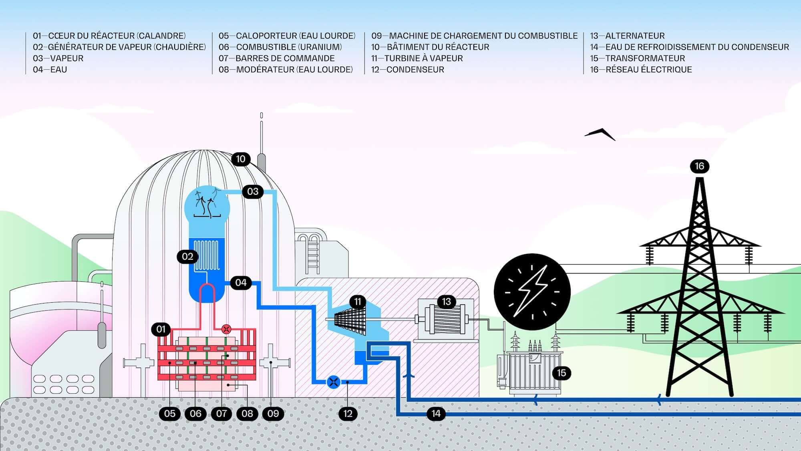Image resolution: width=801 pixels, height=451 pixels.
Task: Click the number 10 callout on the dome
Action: coord(241,159)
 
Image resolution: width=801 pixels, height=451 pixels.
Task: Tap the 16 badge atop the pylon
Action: coord(699,166)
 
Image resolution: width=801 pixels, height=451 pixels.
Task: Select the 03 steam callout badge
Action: coord(253,192)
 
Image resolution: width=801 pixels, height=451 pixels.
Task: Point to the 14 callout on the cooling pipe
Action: coord(436,413)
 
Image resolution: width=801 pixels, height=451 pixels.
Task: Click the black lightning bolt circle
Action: coord(532,292)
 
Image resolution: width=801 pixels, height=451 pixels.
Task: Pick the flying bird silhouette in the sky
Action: coord(600,133)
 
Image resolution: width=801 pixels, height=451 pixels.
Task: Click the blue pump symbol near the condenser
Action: coord(333,382)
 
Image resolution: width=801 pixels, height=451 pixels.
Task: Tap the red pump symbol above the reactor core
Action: coord(226,330)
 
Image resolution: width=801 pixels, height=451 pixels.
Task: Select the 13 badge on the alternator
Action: coord(447,301)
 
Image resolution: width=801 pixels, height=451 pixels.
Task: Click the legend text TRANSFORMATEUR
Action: coord(645,58)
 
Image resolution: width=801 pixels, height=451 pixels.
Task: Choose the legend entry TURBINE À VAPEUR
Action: coord(423,58)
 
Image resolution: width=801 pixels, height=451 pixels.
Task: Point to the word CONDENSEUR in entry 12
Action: coord(415,69)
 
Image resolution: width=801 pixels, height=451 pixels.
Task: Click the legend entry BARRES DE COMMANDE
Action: coord(285,58)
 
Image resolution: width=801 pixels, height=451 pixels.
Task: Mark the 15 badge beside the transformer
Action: coord(562,373)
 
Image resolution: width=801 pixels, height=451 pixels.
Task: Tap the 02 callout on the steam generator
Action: coord(187,257)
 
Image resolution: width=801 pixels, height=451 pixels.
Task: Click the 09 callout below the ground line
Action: coord(273,413)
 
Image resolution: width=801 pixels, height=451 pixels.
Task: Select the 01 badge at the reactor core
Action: coord(161,329)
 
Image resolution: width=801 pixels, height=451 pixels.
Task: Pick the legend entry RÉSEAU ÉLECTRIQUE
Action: coord(648,69)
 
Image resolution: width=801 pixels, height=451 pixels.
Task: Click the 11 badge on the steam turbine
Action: coord(358,301)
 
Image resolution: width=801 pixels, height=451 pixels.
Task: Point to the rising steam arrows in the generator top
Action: coord(207,203)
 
